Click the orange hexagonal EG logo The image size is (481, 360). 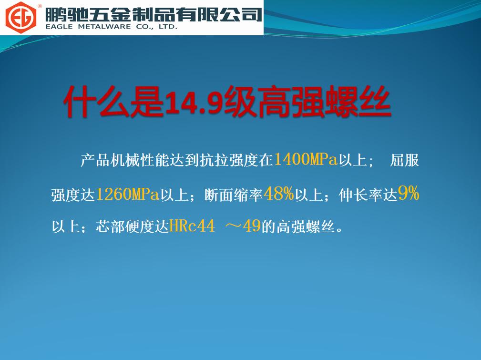(21, 18)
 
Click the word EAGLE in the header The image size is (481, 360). (59, 27)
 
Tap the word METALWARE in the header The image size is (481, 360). (104, 27)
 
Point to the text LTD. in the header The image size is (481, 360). (168, 27)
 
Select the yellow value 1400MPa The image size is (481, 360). (306, 160)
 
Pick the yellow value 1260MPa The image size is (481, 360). (127, 194)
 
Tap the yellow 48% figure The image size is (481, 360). (278, 194)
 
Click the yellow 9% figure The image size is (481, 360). (409, 194)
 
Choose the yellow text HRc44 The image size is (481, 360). (192, 226)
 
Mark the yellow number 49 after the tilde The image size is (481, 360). (252, 226)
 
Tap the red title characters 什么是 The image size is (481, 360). (113, 102)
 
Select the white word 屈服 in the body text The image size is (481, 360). (404, 160)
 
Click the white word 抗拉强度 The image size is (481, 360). (229, 160)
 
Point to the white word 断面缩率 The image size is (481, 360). (234, 195)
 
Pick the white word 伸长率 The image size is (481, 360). (361, 195)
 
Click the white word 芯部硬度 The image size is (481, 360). (124, 227)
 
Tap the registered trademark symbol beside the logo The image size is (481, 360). (40, 6)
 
